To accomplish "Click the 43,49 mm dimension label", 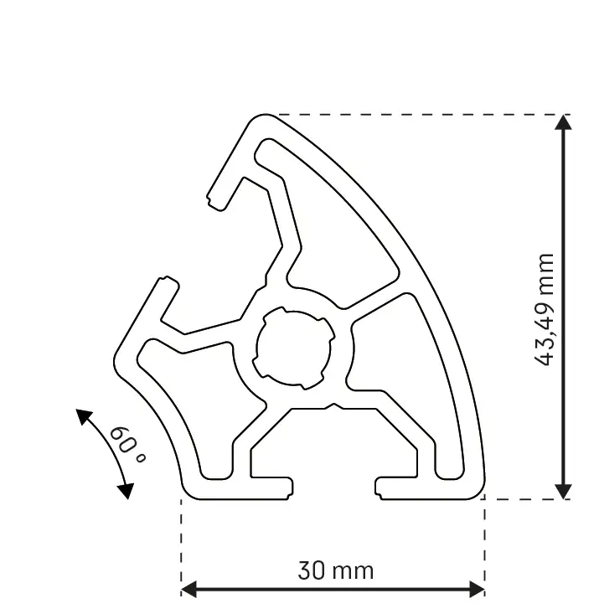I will (x=545, y=308).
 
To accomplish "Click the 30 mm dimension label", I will (x=335, y=571).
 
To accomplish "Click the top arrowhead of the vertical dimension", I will (x=564, y=122).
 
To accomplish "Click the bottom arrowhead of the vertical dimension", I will (x=564, y=490).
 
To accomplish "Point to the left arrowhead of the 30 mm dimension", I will (x=189, y=589).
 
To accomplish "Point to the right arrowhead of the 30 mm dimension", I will (x=477, y=589).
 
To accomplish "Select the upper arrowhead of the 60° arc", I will (x=83, y=415).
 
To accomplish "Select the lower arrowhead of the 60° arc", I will (x=126, y=490).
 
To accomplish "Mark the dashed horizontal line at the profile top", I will (x=419, y=115).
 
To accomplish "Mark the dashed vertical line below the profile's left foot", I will (x=182, y=544).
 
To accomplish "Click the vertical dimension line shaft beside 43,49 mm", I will (x=564, y=209).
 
